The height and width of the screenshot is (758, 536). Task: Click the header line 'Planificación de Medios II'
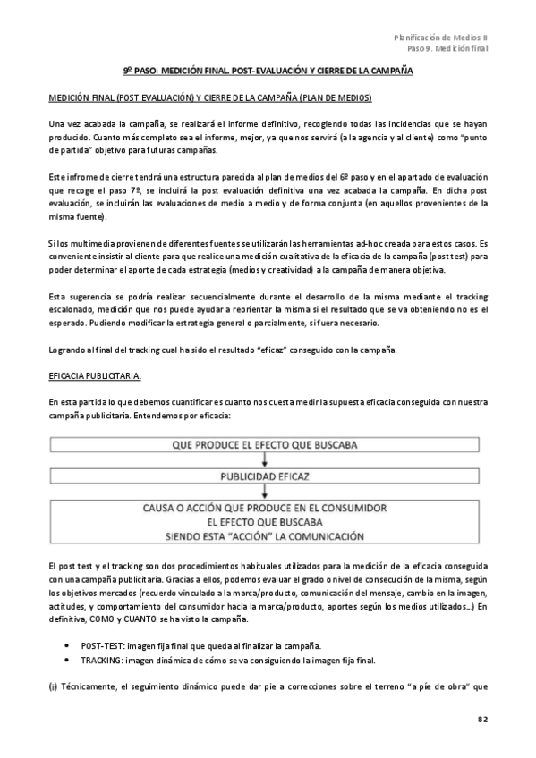441,37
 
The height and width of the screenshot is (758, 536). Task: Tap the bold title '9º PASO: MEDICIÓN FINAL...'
267,71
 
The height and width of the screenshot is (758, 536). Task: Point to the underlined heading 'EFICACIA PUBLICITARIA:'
94,378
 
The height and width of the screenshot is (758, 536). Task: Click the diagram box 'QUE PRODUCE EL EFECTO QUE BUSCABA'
266,444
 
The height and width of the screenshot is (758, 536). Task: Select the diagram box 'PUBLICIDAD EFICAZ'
266,476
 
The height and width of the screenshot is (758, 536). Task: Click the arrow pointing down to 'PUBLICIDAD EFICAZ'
266,460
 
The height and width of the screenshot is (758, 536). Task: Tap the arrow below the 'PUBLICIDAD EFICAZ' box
266,492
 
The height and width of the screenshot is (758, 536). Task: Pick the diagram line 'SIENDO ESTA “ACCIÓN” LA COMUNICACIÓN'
266,536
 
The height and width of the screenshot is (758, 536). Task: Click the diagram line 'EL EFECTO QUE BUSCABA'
266,522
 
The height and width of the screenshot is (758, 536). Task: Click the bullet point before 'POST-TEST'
69,645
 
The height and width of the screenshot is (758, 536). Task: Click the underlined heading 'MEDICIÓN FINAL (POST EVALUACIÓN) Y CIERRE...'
209,97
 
